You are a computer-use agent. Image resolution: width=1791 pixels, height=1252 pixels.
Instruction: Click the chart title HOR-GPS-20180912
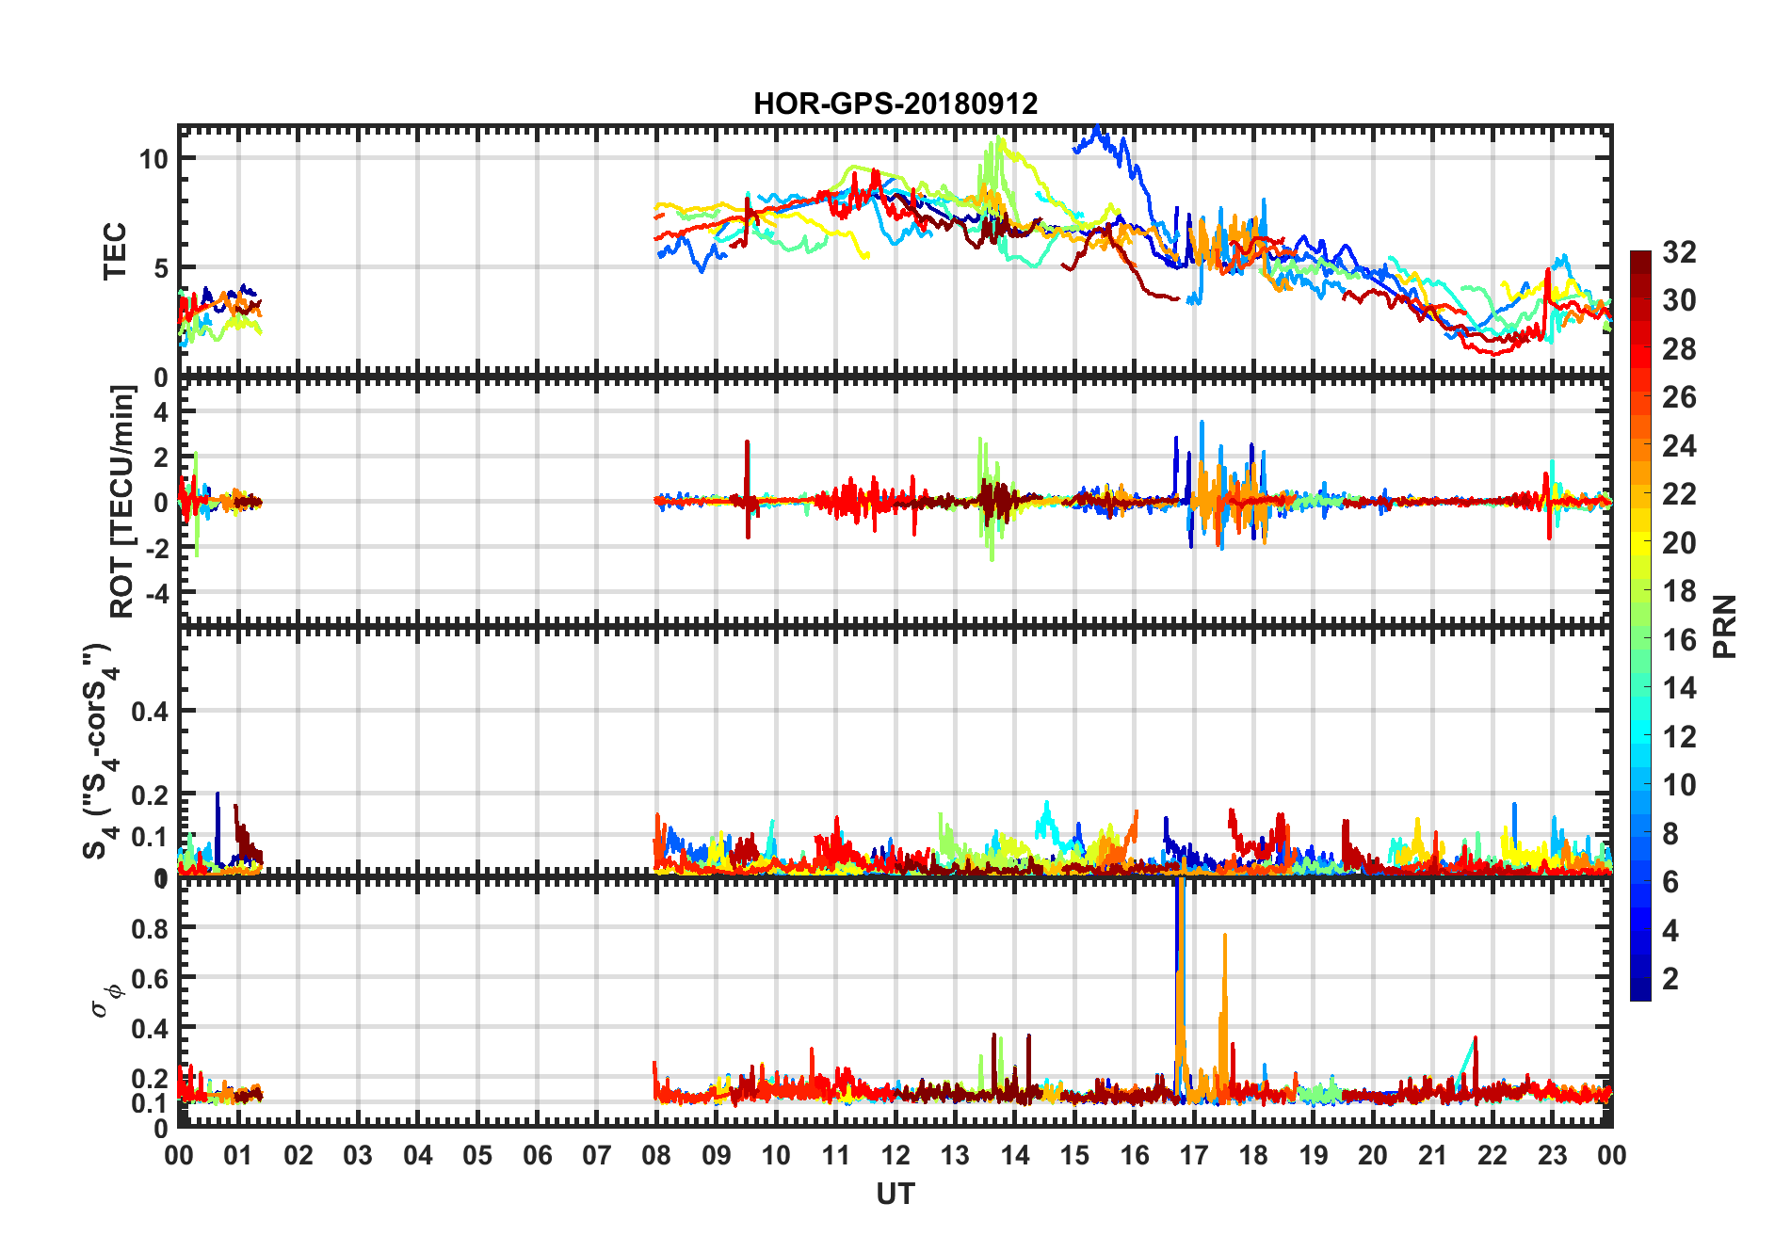[895, 104]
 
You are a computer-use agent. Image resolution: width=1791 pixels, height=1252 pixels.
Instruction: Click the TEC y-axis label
[115, 251]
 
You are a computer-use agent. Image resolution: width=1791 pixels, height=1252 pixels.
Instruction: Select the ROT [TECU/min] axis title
[122, 501]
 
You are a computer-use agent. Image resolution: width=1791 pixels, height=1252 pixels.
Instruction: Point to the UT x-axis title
[895, 1194]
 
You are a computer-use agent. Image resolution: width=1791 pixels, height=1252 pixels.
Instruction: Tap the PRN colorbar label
[1724, 626]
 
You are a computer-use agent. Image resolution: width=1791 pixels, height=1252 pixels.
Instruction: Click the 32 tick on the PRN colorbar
[1679, 252]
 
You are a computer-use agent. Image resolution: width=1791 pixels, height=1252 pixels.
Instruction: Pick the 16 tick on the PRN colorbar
[1679, 640]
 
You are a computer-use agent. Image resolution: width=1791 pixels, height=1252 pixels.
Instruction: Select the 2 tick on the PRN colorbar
[1670, 979]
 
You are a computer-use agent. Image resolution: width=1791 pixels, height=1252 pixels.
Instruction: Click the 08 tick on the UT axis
[656, 1155]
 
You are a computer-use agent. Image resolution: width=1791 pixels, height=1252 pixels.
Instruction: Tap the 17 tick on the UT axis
[1194, 1155]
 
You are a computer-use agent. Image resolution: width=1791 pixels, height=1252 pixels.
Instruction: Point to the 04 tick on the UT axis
[417, 1155]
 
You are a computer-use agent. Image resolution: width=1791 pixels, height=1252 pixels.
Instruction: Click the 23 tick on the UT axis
[1552, 1155]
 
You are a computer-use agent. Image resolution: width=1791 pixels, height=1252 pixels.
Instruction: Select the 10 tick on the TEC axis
[153, 159]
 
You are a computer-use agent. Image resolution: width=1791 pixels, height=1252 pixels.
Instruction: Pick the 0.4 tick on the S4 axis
[150, 712]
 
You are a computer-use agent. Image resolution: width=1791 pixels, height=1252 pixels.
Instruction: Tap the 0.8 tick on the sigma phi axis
[150, 928]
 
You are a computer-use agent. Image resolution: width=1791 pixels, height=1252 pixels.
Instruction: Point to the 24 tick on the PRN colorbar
[1679, 446]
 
